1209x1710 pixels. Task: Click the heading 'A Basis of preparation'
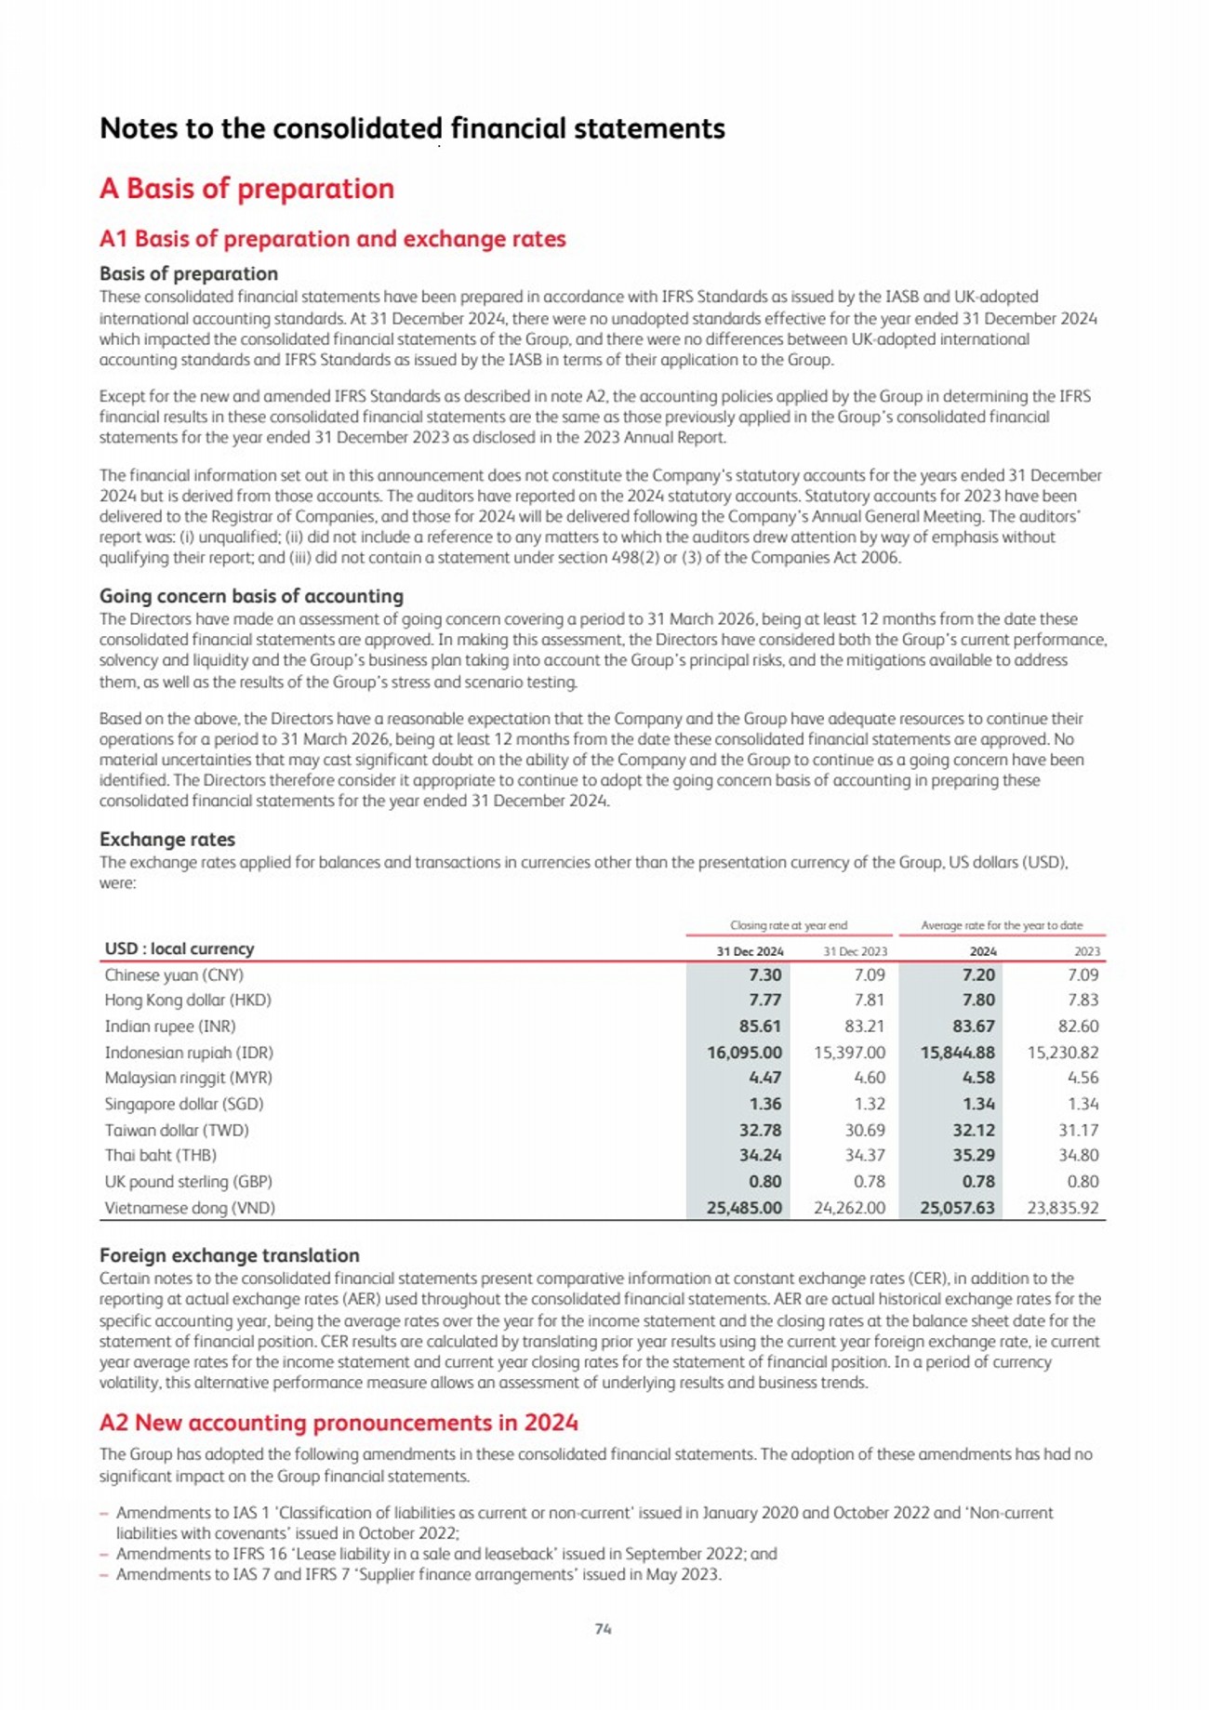coord(246,188)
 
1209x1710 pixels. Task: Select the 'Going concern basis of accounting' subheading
coord(251,596)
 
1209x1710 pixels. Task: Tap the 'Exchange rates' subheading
coord(167,839)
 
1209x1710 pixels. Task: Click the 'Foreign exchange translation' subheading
coord(229,1255)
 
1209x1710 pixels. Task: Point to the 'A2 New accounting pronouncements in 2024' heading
coord(339,1423)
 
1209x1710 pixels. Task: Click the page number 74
coord(603,1629)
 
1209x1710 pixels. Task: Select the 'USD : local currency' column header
coord(179,948)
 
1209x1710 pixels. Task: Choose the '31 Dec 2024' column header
coord(750,951)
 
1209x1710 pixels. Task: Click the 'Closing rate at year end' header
coord(789,925)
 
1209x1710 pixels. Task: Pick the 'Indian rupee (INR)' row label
coord(170,1027)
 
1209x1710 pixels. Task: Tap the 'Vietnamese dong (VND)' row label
coord(190,1208)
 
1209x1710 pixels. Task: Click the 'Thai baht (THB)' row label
coord(160,1155)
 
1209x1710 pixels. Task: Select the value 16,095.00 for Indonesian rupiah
coord(744,1053)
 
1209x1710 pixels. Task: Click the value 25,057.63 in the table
coord(957,1208)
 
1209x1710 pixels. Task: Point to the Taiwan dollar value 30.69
coord(864,1130)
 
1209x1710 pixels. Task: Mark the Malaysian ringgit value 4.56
coord(1082,1078)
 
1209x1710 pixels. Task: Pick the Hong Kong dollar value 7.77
coord(764,1001)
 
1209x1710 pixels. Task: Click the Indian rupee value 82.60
coord(1079,1027)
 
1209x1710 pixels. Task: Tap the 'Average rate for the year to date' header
coord(1002,925)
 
